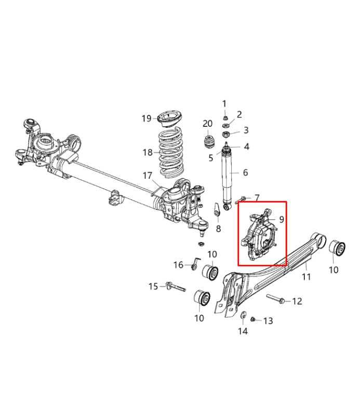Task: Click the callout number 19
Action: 146,118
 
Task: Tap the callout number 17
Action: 148,176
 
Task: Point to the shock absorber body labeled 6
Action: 228,174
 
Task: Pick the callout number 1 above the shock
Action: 225,104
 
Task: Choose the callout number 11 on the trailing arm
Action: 306,276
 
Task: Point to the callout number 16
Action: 178,265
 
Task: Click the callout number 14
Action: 243,331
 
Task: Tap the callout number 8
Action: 218,229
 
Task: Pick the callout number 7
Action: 257,198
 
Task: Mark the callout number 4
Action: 246,147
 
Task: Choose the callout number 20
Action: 208,124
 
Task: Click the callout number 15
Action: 153,286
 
